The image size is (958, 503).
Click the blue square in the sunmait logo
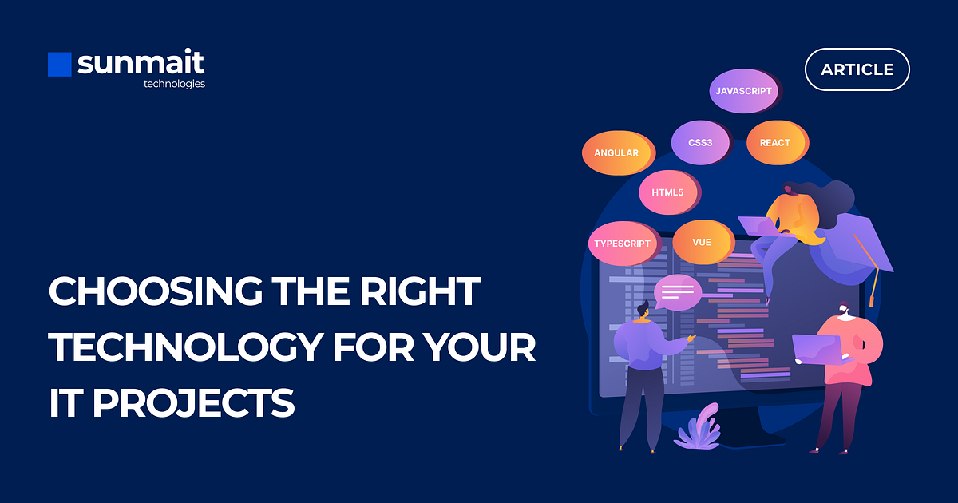[60, 65]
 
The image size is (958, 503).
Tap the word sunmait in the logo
[141, 63]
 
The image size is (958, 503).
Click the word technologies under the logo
[174, 84]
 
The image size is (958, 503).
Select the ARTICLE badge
[857, 69]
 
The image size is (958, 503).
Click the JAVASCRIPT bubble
[743, 91]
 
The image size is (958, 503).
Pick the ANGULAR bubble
[617, 152]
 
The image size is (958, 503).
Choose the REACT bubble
[775, 143]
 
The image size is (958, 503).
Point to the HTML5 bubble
[667, 192]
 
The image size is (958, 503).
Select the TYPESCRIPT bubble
[623, 244]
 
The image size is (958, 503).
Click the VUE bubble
[702, 242]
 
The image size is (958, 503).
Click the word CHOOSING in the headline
[156, 292]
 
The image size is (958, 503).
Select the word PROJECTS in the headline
[194, 404]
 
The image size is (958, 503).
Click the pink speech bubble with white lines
[677, 291]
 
